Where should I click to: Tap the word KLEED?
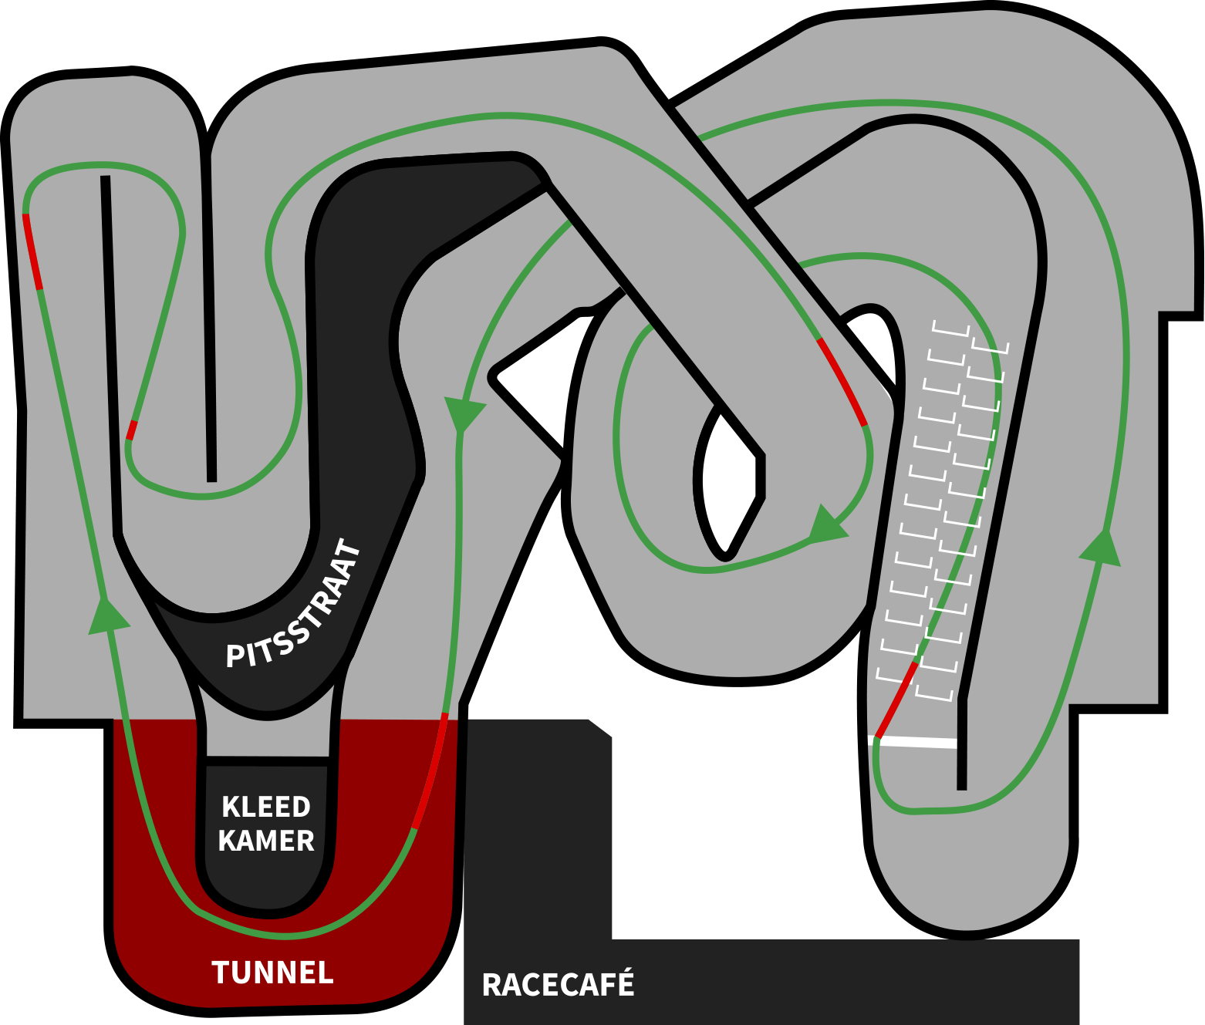coord(266,807)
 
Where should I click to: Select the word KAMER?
coord(266,841)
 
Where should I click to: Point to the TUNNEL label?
coord(272,973)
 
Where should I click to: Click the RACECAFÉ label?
coord(558,985)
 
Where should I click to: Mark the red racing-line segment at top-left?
coord(32,251)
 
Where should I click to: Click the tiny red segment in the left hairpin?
coord(131,430)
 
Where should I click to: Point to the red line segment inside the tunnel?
coord(430,771)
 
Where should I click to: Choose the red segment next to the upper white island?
coord(842,382)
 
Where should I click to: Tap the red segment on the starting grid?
coord(896,700)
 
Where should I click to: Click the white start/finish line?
coord(914,742)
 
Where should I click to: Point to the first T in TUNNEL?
coord(220,973)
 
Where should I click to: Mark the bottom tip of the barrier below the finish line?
coord(961,787)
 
